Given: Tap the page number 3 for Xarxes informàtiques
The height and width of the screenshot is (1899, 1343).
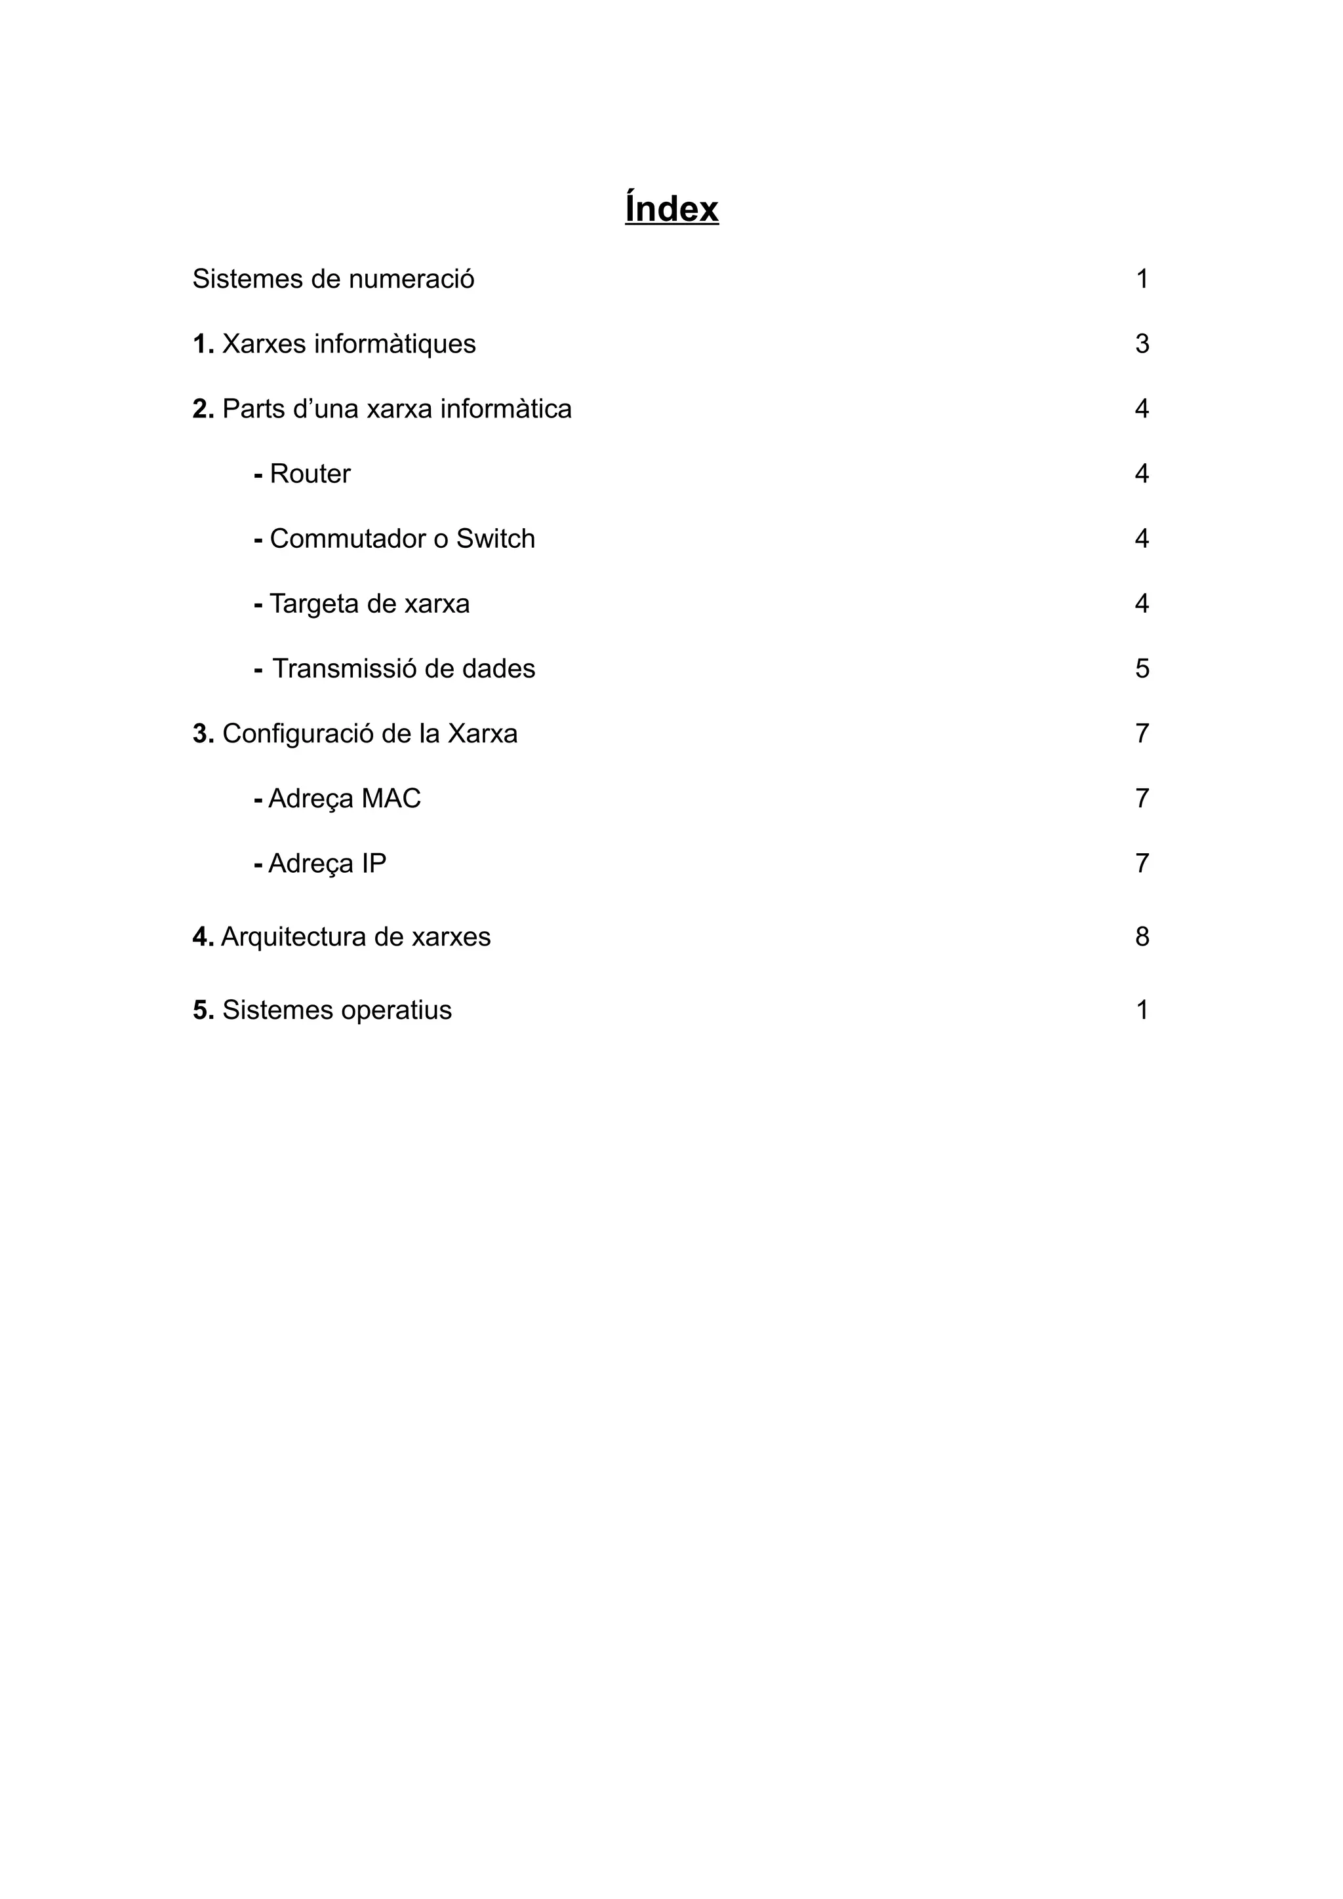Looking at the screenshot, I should click(1142, 344).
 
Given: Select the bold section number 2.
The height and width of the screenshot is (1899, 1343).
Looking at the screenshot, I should click(203, 409).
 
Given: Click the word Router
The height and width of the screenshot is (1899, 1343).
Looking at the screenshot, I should click(310, 474).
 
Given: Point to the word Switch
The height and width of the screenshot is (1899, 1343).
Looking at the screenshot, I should click(496, 539).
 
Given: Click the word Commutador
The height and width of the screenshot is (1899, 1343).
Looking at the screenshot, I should click(348, 539).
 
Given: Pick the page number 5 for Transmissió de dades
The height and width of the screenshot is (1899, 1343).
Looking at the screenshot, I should click(1142, 668).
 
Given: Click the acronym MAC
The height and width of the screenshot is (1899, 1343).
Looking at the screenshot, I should click(391, 798).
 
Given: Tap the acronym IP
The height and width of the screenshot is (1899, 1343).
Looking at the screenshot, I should click(373, 864).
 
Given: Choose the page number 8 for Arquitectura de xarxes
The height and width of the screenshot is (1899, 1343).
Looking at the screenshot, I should click(1142, 936).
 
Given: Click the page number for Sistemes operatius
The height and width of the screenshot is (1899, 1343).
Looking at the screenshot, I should click(1142, 1010).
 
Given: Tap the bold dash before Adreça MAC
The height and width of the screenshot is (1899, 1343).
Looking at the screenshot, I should click(258, 799).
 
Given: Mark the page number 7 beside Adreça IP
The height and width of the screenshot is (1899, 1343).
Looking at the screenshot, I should click(1142, 864).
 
